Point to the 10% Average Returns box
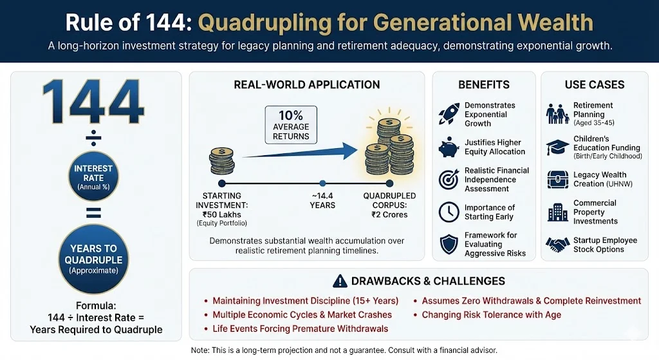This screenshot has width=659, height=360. pyautogui.click(x=290, y=125)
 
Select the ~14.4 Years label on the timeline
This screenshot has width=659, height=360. pyautogui.click(x=322, y=200)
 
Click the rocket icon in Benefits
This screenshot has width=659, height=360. pyautogui.click(x=448, y=114)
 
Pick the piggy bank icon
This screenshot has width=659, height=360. pyautogui.click(x=448, y=147)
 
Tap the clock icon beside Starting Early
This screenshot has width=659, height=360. pyautogui.click(x=448, y=212)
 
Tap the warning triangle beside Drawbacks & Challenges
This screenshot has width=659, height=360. pyautogui.click(x=340, y=281)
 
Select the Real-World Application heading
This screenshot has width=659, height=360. pyautogui.click(x=306, y=84)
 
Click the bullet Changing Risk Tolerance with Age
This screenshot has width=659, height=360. pyautogui.click(x=492, y=315)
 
